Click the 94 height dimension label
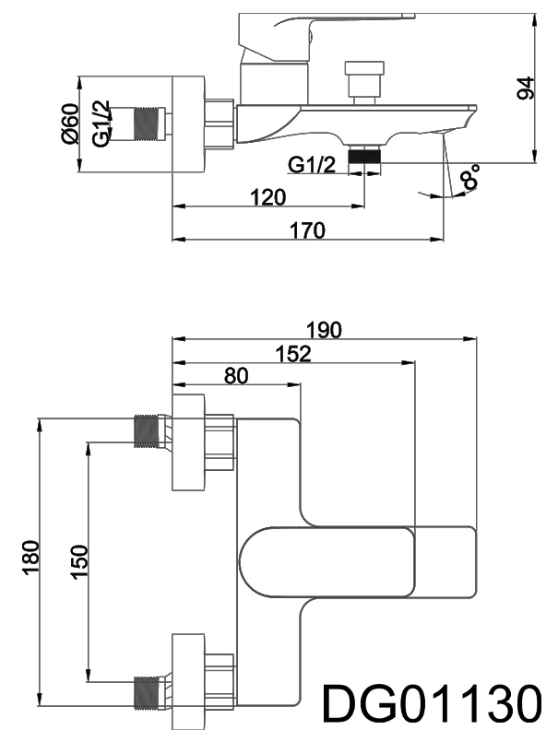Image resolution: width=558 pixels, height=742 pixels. click(x=526, y=88)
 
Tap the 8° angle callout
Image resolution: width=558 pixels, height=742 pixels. click(x=471, y=176)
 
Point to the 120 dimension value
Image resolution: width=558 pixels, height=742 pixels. click(x=267, y=196)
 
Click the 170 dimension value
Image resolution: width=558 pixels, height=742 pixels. click(x=307, y=230)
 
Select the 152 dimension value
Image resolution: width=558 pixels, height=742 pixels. click(x=292, y=353)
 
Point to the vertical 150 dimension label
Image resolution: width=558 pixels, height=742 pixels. click(x=78, y=562)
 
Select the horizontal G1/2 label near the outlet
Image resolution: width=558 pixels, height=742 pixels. click(x=312, y=164)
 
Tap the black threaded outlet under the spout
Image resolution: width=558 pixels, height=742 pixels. click(x=365, y=156)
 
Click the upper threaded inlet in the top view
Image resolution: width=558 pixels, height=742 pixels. click(x=148, y=431)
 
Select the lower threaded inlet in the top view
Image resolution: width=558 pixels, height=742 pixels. click(x=148, y=692)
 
